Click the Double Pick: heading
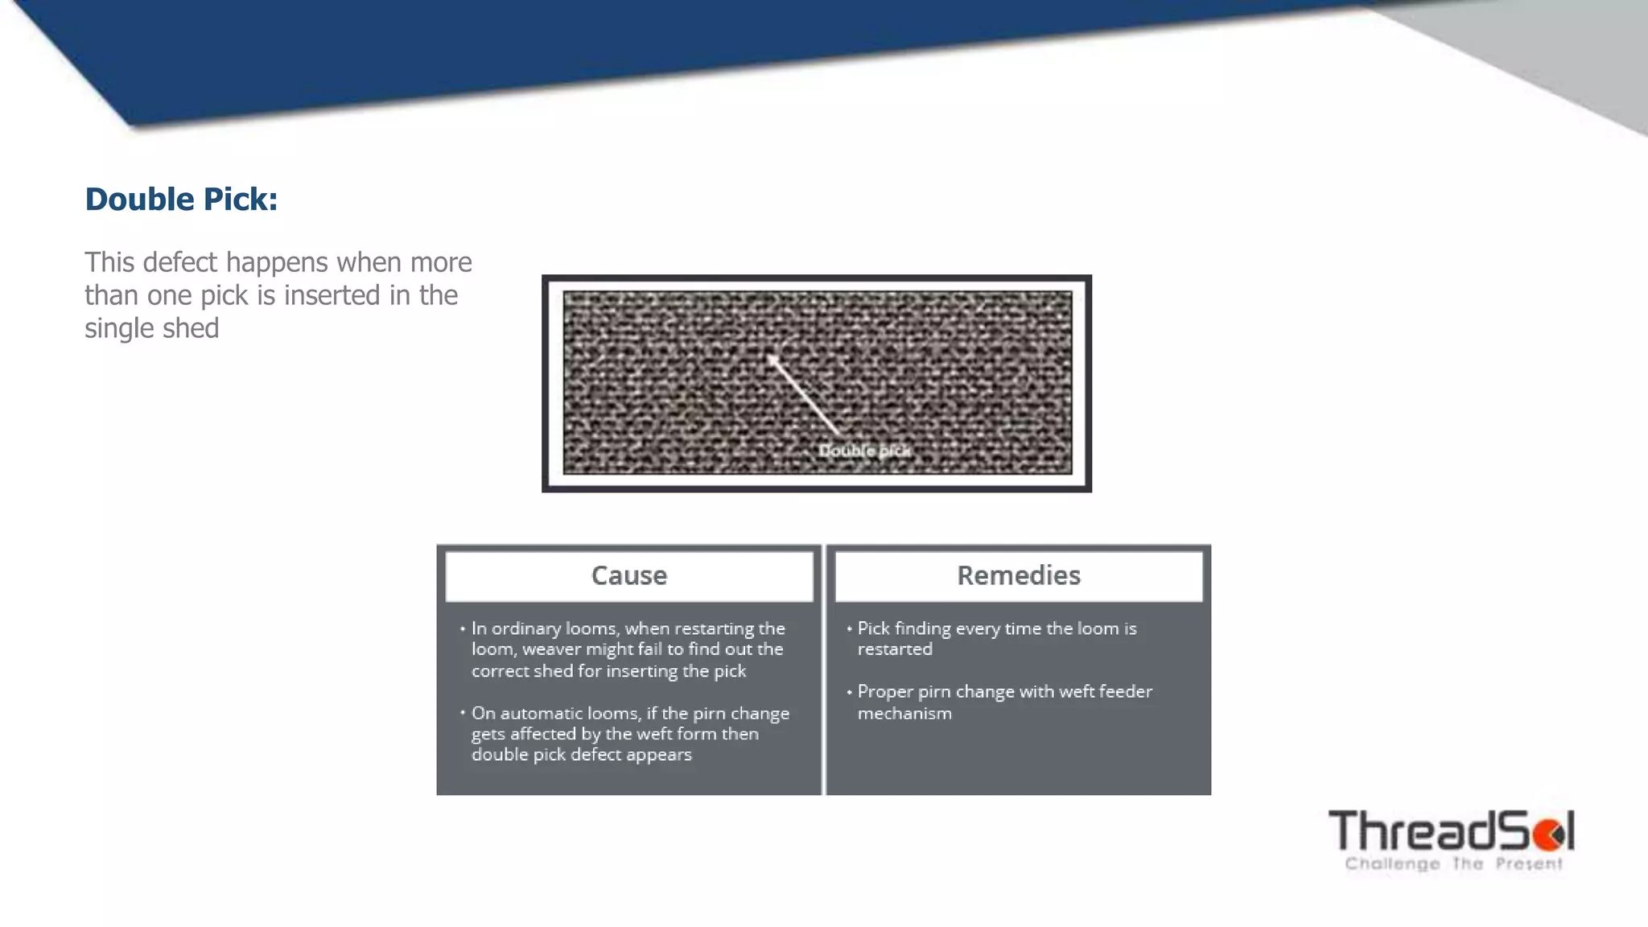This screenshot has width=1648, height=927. tap(181, 200)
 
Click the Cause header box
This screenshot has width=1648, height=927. tap(628, 575)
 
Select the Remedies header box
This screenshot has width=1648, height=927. tap(1018, 575)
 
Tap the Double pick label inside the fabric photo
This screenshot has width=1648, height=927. tap(864, 451)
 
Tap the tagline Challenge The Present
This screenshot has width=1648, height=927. tap(1453, 864)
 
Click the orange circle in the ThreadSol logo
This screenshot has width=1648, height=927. tap(1548, 835)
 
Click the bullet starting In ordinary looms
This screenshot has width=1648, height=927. tap(627, 649)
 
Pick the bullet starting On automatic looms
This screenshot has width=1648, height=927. tap(629, 734)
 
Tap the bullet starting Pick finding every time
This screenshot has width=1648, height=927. tap(996, 638)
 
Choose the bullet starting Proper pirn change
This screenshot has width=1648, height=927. tap(1004, 702)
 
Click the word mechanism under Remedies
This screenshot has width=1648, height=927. tap(904, 714)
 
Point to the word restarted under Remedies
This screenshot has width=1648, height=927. tap(894, 649)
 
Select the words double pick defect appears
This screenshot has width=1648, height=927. tap(581, 755)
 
